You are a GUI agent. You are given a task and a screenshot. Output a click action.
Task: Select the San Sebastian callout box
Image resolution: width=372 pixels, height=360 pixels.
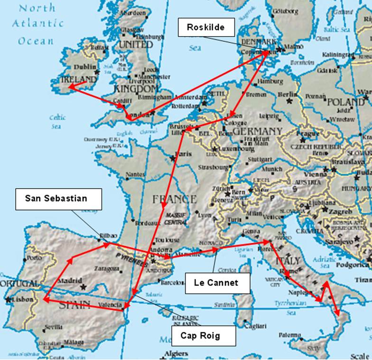pyautogui.click(x=58, y=199)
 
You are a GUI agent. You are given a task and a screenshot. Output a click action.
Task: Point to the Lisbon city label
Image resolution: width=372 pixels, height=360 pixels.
pyautogui.click(x=23, y=300)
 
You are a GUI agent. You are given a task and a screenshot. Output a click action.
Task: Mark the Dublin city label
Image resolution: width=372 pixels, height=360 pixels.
pyautogui.click(x=85, y=67)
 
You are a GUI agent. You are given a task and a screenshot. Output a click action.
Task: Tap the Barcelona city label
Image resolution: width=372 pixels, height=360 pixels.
pyautogui.click(x=172, y=282)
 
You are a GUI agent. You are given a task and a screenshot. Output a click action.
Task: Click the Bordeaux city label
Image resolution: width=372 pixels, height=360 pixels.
pyautogui.click(x=146, y=222)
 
